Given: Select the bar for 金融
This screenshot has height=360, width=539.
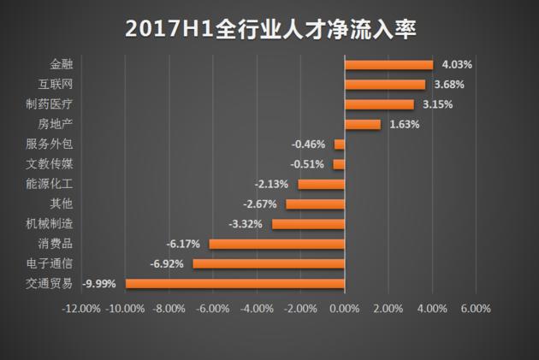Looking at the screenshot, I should tap(388, 64).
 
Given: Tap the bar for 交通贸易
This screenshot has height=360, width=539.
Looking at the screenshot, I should tap(234, 283).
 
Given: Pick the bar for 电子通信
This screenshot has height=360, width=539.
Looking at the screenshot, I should tap(269, 263).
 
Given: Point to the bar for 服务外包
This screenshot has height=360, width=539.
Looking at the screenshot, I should tap(339, 145).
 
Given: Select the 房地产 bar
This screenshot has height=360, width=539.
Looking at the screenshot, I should tap(362, 124).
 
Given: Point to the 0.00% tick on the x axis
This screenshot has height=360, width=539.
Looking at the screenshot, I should tap(344, 309).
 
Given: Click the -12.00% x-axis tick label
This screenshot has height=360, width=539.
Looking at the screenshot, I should tap(81, 309).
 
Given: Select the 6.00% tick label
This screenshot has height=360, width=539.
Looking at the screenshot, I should tap(476, 309).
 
